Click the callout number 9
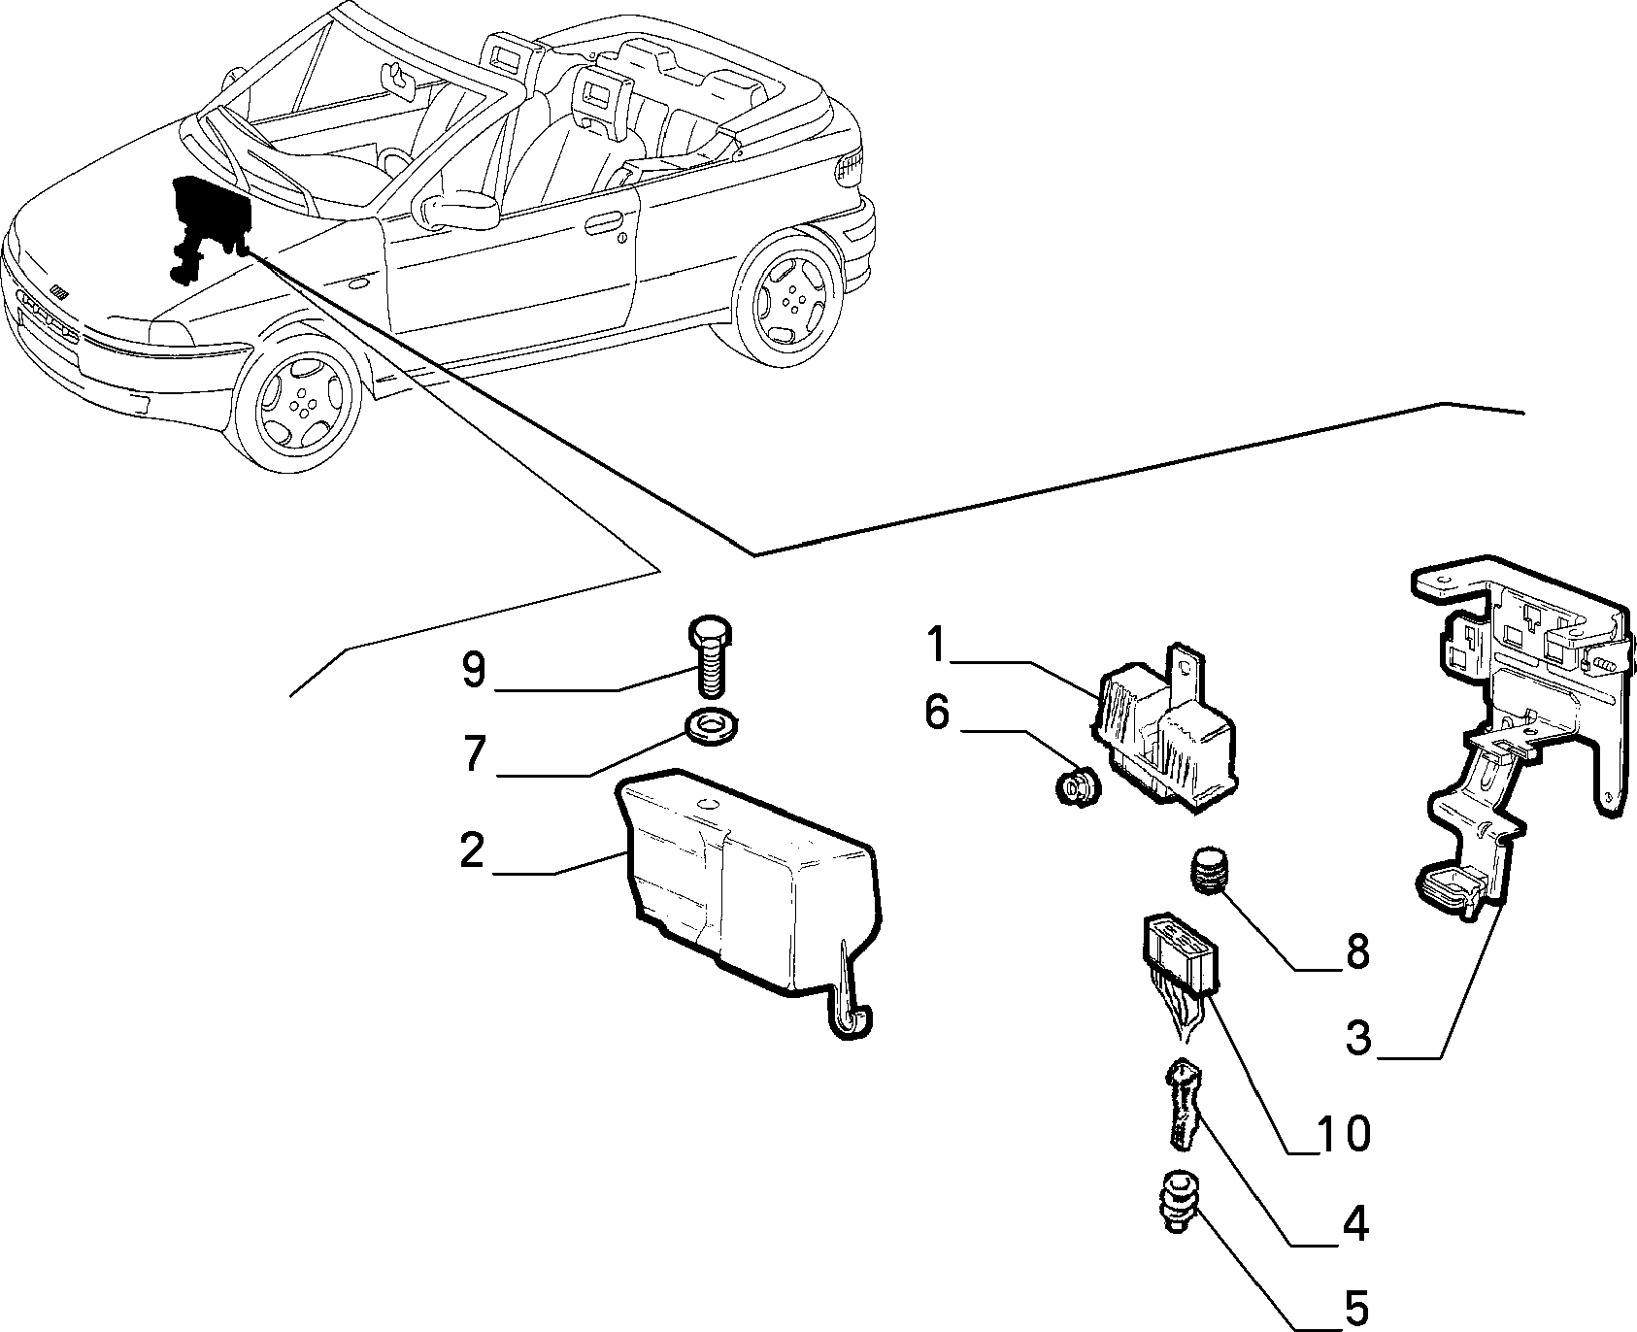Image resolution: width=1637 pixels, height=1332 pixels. pos(474,670)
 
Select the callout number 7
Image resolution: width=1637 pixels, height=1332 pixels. pos(473,754)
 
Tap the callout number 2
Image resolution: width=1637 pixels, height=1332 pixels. pos(472,850)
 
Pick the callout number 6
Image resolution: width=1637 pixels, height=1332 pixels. pos(937,713)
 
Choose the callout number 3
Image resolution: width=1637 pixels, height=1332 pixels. pos(1358,1039)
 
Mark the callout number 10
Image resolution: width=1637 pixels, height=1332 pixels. pos(1344,1133)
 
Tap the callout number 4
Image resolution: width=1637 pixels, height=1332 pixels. pos(1355,1225)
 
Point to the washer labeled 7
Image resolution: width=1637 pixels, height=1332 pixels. pos(712,727)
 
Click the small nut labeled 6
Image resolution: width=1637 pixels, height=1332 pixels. pos(1075,785)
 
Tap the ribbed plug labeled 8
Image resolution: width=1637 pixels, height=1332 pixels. pos(1211,870)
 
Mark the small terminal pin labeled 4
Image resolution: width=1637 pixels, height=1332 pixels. pos(1182,1103)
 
